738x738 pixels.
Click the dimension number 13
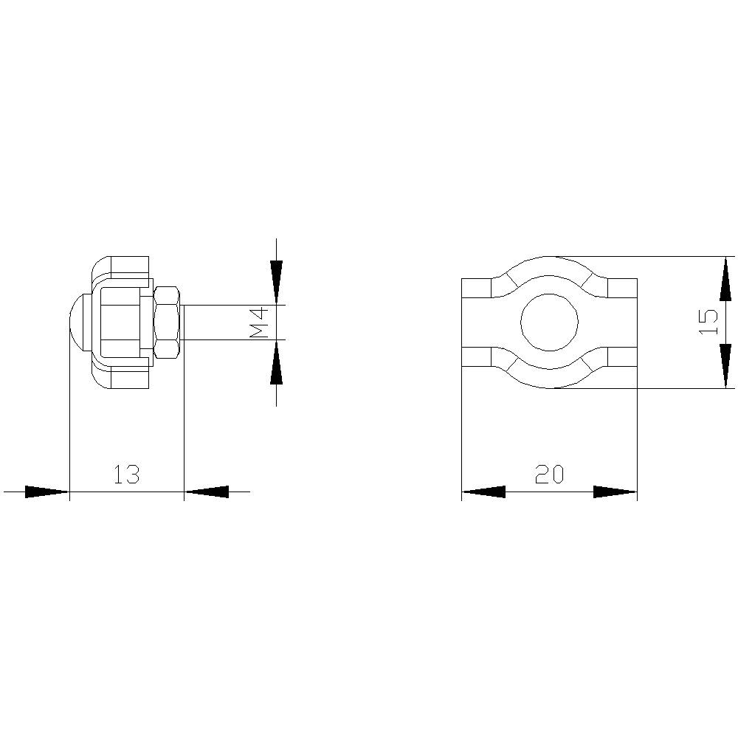(126, 474)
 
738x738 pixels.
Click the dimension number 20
(549, 474)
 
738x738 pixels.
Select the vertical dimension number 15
(707, 322)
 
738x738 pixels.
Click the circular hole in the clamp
(549, 322)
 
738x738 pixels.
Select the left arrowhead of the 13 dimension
(46, 492)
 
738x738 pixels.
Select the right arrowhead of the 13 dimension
(207, 492)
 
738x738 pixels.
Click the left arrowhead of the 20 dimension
(483, 492)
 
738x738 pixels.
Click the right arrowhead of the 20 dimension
(615, 492)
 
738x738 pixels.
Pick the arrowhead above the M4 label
(276, 281)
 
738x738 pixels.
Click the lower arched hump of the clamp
(549, 378)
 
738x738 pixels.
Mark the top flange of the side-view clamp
(122, 266)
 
